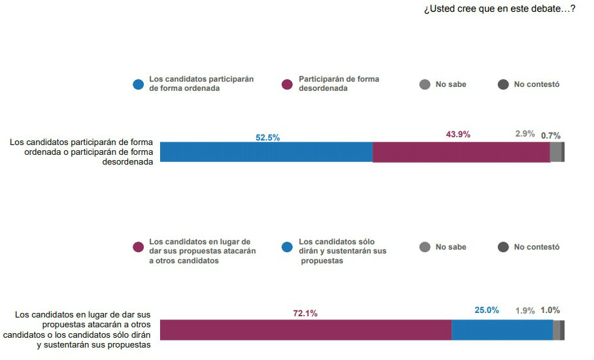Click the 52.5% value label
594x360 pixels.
click(267, 138)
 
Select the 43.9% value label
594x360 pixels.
click(458, 135)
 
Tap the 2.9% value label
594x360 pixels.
click(525, 135)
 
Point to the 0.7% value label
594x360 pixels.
click(550, 136)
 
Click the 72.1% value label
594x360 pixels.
click(305, 314)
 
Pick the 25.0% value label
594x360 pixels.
click(487, 310)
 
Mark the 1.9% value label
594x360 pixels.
click(525, 311)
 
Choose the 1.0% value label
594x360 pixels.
click(550, 310)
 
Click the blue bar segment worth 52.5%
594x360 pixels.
click(266, 152)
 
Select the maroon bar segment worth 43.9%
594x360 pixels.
click(461, 152)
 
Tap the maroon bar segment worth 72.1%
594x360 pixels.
click(305, 330)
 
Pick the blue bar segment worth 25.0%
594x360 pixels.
click(502, 330)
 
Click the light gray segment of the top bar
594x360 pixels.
click(555, 152)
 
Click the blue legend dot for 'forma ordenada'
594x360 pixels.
click(138, 84)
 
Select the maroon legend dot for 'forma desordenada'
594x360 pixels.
click(287, 84)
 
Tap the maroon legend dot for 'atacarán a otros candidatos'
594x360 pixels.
click(138, 247)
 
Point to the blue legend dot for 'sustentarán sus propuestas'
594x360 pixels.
click(287, 247)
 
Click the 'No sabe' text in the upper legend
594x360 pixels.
click(451, 84)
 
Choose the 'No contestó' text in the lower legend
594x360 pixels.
click(536, 247)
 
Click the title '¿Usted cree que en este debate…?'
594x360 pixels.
click(499, 8)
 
